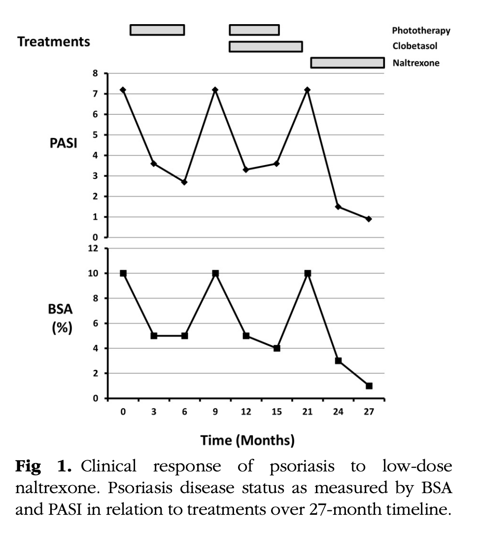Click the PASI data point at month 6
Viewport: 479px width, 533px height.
coord(184,182)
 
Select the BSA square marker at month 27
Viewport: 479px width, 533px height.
coord(369,386)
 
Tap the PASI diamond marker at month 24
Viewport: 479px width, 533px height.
coord(338,207)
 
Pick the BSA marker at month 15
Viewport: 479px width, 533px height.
coord(277,348)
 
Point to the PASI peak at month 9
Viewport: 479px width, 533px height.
coord(215,90)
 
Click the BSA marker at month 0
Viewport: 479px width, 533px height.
coord(123,273)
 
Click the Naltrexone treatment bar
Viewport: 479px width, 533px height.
coord(347,63)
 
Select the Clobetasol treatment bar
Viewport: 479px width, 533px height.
coord(266,46)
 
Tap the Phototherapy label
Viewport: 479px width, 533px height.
coord(421,31)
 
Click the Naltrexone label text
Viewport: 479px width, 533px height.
coord(416,63)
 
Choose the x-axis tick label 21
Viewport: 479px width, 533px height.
coord(308,412)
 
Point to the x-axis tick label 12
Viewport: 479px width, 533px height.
coord(246,412)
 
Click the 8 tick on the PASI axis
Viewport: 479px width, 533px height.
coord(95,73)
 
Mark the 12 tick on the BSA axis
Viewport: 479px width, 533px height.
coord(93,248)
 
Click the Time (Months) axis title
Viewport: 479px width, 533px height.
coord(247,440)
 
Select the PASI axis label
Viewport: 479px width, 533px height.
coord(63,143)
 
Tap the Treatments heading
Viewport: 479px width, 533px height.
coord(54,41)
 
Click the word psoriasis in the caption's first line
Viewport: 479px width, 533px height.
coord(302,466)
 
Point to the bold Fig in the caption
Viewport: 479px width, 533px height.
coord(28,466)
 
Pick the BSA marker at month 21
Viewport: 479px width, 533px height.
coord(308,273)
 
